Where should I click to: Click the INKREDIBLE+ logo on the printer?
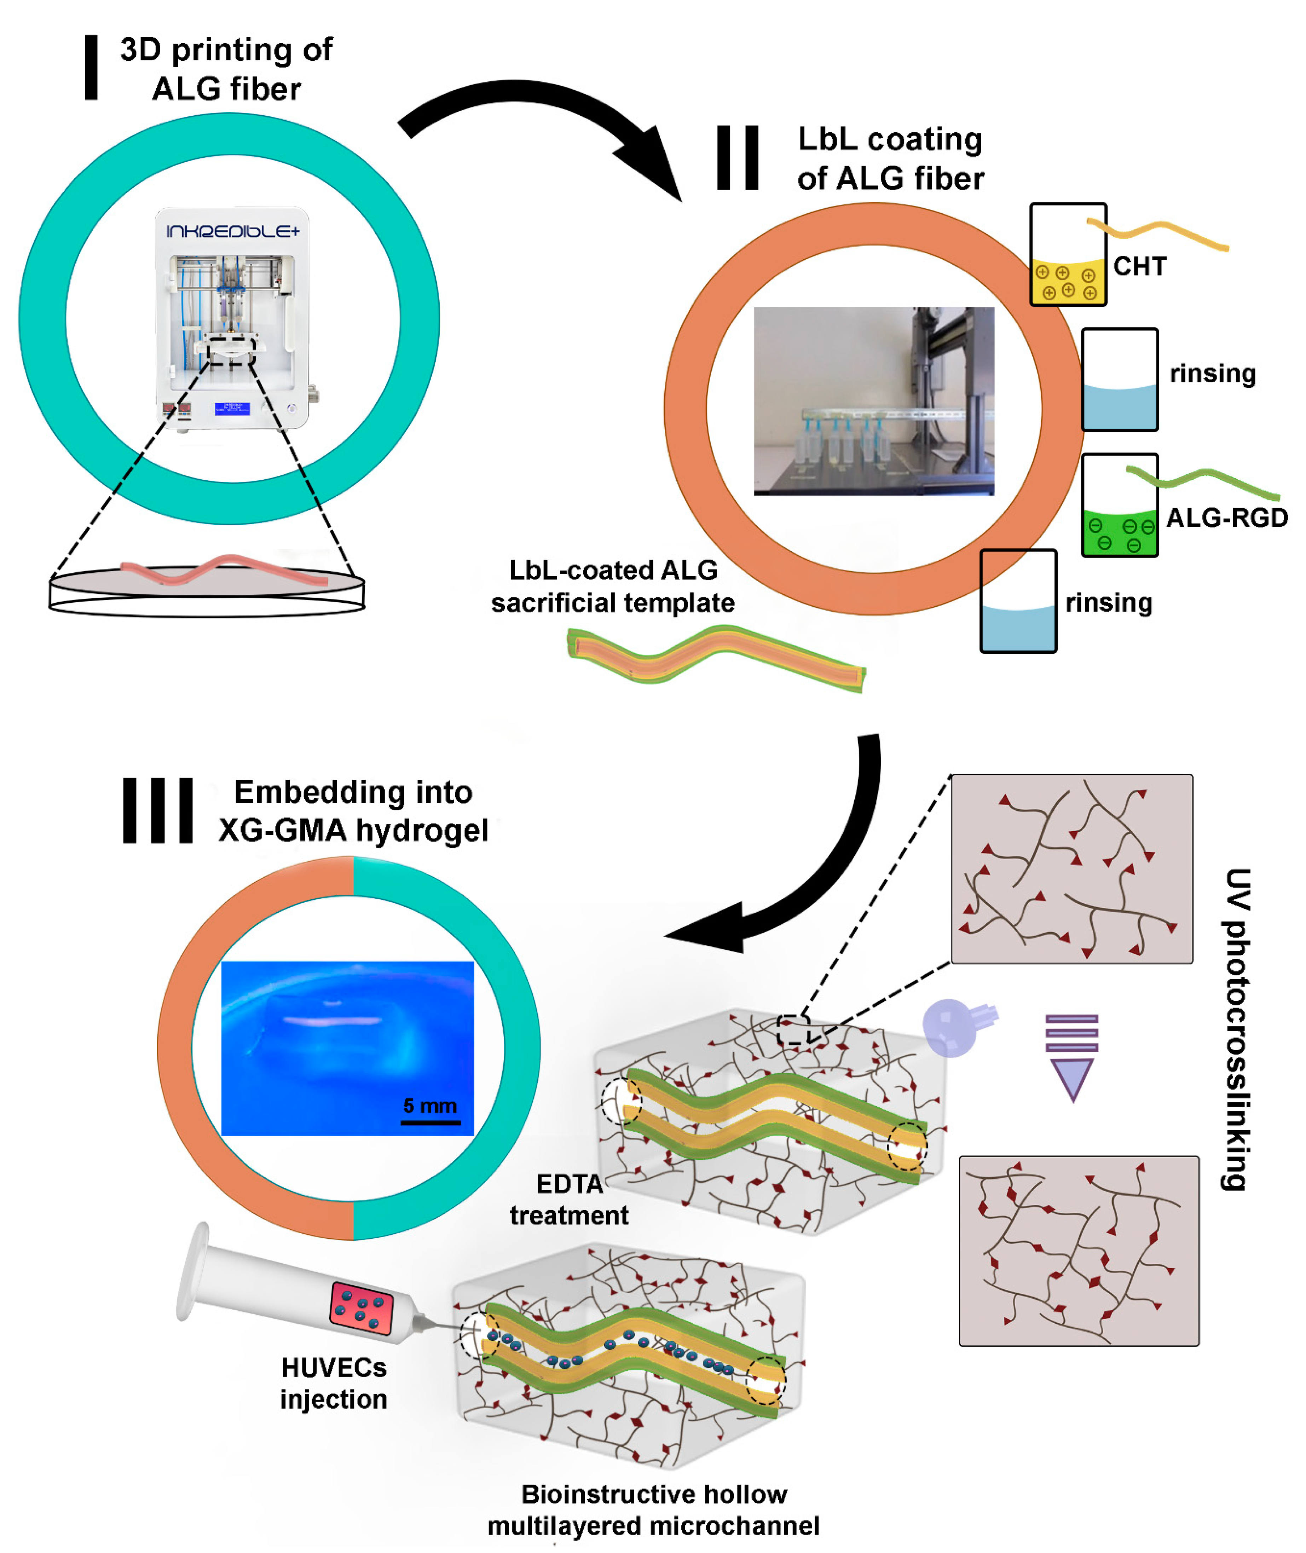[x=232, y=232]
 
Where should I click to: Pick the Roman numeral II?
[x=738, y=158]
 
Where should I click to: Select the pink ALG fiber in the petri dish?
[x=222, y=571]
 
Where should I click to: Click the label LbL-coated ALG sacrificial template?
[x=613, y=586]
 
